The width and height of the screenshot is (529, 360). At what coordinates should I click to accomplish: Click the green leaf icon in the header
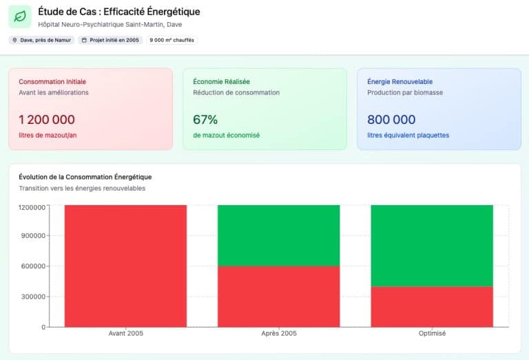coord(21,17)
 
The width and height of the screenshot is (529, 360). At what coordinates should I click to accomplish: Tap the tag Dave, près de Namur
coord(41,40)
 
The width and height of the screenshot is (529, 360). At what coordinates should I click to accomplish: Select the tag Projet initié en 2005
coord(110,40)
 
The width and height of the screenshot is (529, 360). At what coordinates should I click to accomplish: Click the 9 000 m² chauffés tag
coord(172,40)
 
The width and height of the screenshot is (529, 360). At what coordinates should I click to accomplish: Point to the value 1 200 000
coord(47,120)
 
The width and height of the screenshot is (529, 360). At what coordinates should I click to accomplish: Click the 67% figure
coord(205,120)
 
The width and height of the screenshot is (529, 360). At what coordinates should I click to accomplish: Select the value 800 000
coord(391,120)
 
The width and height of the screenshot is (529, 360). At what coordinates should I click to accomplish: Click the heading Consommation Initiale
coord(52,81)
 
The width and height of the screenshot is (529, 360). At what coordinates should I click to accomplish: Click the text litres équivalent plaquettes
coord(408,135)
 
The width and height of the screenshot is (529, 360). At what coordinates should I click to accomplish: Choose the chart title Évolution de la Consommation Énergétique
coord(85,177)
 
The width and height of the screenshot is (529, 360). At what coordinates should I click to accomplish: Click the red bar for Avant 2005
coord(125,266)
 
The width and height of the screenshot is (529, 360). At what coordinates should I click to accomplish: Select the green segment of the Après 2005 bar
coord(278,235)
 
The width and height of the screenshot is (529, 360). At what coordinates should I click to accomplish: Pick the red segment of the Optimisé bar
coord(432,306)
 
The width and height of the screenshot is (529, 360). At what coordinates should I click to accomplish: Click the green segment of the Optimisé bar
coord(432,246)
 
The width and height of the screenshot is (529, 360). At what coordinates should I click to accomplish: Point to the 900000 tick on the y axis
coord(32,235)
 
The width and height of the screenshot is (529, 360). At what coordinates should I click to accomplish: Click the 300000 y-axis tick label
coord(32,297)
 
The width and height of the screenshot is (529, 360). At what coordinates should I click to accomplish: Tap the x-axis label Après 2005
coord(278,334)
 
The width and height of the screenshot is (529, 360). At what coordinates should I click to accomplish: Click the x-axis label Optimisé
coord(432,334)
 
